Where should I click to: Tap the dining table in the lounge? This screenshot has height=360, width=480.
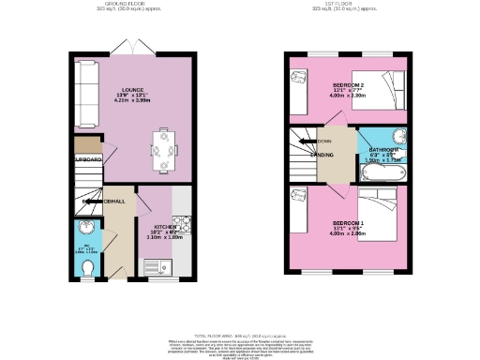click(164, 149)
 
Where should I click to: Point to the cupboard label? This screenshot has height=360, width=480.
click(88, 159)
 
